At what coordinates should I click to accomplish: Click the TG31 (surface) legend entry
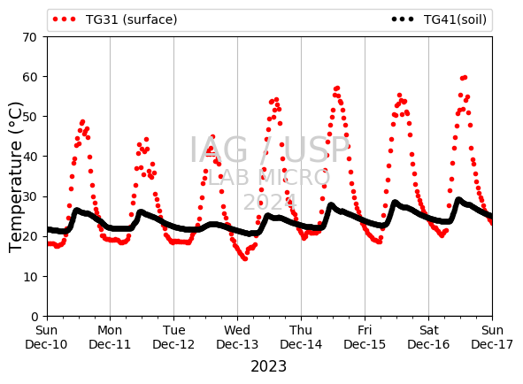click(115, 19)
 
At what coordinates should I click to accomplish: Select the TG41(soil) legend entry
click(439, 19)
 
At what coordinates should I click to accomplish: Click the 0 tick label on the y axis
click(34, 316)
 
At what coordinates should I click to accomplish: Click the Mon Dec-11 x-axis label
click(110, 337)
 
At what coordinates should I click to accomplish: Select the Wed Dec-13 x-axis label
click(237, 337)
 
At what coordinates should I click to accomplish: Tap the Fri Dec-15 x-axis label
click(365, 337)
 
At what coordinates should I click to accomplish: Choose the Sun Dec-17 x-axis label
click(492, 337)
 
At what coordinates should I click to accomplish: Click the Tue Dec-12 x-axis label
click(173, 337)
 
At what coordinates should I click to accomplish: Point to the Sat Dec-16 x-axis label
click(428, 337)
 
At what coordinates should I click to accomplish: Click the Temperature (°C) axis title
click(15, 177)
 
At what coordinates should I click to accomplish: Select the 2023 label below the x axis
click(268, 366)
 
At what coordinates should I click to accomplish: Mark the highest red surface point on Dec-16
click(465, 78)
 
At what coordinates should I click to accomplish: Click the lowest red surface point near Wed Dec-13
click(245, 258)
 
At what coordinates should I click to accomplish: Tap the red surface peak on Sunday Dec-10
click(82, 122)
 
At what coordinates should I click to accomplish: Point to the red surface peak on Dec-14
click(337, 88)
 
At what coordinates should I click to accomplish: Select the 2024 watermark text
click(270, 202)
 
